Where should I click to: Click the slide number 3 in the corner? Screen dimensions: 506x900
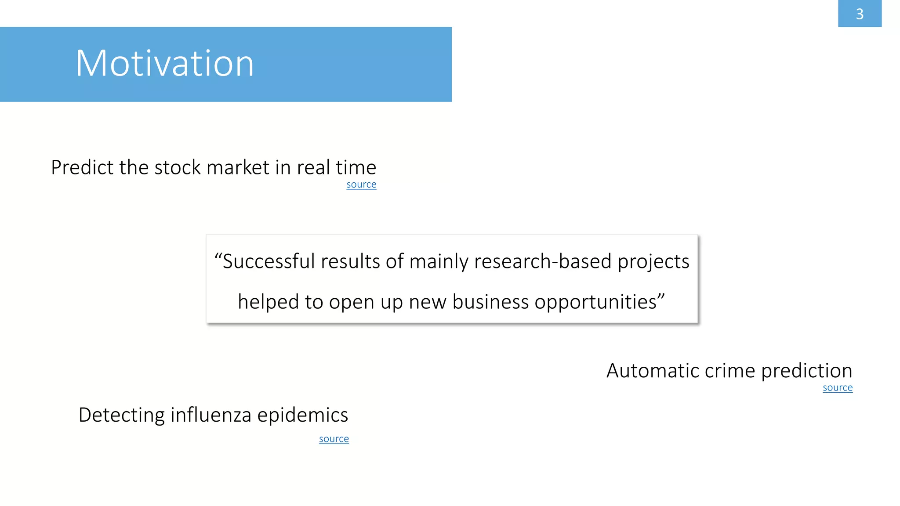point(860,14)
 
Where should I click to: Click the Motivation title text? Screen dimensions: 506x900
point(165,64)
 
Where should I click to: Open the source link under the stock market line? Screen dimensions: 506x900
point(361,184)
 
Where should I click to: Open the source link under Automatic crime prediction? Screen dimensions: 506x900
point(837,388)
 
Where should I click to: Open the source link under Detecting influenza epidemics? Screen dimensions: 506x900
point(334,439)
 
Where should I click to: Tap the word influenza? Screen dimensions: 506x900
point(210,415)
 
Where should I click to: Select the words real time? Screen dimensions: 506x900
point(336,168)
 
